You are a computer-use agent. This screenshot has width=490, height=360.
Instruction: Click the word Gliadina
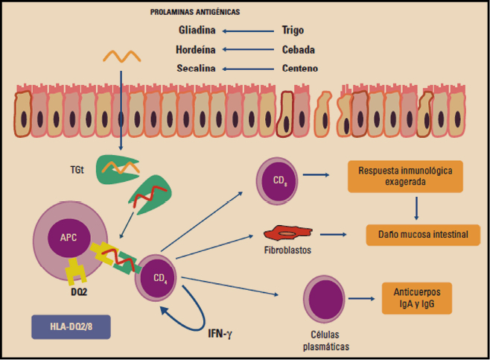[198, 31]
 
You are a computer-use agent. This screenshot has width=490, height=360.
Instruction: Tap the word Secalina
[197, 69]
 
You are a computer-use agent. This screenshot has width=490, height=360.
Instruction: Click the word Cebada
[297, 50]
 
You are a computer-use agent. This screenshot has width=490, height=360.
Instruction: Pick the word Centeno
[300, 69]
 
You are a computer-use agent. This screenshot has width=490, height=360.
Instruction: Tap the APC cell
[68, 239]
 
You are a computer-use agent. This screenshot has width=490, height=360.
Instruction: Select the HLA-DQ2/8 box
[71, 326]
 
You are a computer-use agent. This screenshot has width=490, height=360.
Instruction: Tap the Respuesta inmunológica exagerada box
[404, 176]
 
